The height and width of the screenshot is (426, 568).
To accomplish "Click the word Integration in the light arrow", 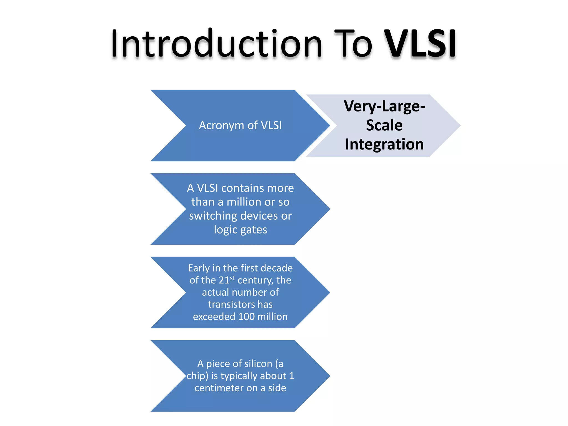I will [x=384, y=144].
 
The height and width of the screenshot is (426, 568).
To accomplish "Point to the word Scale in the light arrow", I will [x=384, y=125].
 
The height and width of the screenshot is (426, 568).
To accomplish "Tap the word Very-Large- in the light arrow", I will [x=384, y=106].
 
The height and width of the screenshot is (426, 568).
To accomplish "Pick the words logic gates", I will [x=240, y=230].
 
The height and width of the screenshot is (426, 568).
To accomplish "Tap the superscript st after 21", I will [x=232, y=278].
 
